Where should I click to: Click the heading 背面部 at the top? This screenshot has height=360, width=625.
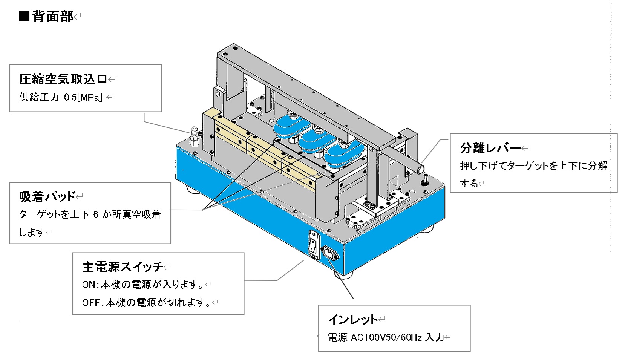pos(53,17)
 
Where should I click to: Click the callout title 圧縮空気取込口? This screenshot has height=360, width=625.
pos(63,79)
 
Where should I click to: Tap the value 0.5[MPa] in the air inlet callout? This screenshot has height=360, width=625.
pos(83,97)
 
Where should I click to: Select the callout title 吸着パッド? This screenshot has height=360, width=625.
pos(47,196)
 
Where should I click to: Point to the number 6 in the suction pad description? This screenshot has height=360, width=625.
pos(95,214)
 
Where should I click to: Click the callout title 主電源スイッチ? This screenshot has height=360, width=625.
pos(123,267)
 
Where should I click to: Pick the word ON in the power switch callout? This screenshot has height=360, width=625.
pos(89,285)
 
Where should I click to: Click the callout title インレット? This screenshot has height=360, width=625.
pos(352,320)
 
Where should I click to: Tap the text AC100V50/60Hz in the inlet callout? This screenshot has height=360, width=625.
pos(386,337)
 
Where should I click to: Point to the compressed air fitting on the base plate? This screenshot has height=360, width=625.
pos(195,138)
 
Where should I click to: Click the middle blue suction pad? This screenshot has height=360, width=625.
pos(316,140)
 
